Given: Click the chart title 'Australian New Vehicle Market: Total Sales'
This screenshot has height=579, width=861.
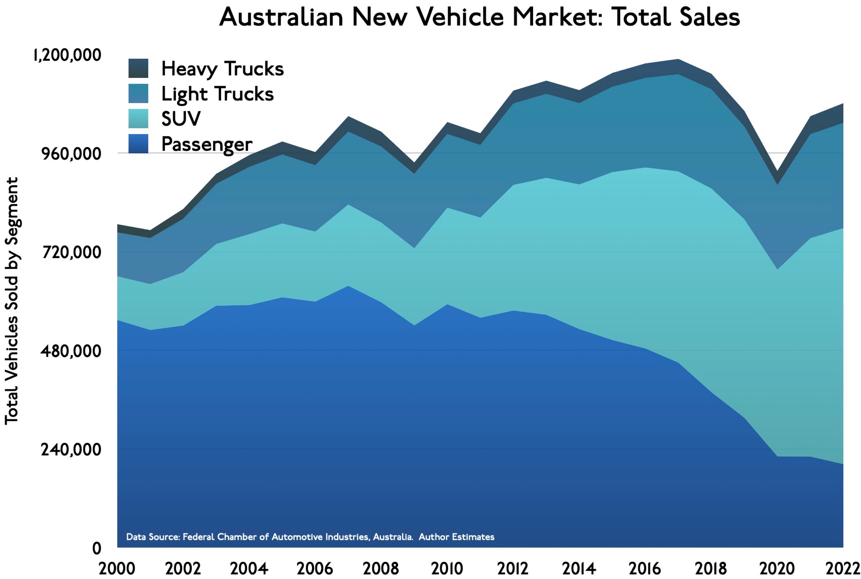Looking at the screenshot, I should [x=479, y=17].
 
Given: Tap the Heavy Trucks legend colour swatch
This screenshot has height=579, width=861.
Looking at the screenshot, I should [x=138, y=68].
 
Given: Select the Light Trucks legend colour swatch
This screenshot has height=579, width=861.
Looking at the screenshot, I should [x=138, y=94].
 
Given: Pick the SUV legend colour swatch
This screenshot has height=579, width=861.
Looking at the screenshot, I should [x=138, y=118].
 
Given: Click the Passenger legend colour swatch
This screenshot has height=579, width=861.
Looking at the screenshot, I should [x=138, y=144].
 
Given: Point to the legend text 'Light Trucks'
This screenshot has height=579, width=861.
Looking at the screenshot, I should [x=217, y=94].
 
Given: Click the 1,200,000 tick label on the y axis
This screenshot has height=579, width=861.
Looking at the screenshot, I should [x=67, y=55].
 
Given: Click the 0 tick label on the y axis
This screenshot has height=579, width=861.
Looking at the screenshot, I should [x=97, y=549].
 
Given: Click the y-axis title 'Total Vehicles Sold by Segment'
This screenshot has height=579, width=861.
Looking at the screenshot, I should [x=12, y=301].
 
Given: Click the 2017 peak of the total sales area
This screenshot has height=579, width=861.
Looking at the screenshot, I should [x=678, y=60].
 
